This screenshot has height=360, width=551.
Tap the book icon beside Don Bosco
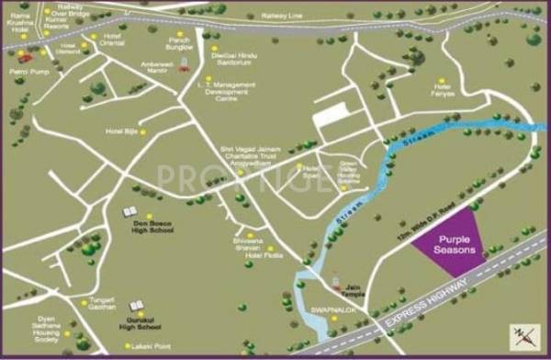[130, 213]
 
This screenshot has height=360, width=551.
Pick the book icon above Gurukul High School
[136, 304]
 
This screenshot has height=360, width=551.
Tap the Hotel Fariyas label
[445, 91]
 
